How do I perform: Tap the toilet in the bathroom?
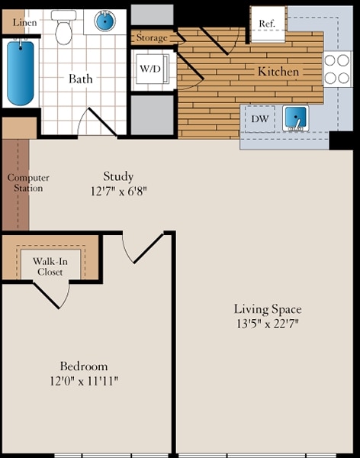[x=65, y=28]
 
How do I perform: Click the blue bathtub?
[x=21, y=73]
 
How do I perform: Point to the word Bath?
[x=81, y=79]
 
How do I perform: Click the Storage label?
[x=153, y=37]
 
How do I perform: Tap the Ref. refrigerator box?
[x=267, y=24]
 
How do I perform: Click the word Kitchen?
[x=278, y=72]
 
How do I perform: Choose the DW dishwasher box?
[x=259, y=119]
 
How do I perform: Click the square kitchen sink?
[x=294, y=118]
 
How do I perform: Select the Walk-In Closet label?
[x=50, y=266]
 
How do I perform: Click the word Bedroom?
[x=84, y=366]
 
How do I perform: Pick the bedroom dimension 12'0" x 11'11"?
[x=84, y=380]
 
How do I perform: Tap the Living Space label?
[x=267, y=309]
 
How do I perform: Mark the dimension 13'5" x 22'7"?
[x=267, y=324]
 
